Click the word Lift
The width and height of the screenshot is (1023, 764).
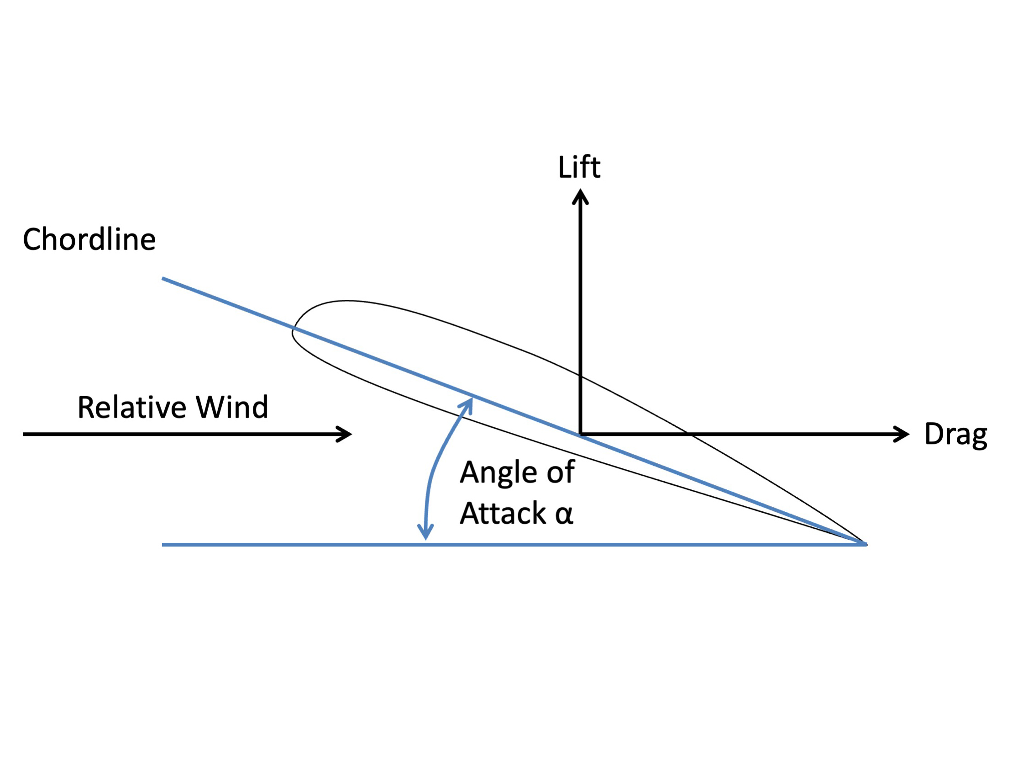coord(579,167)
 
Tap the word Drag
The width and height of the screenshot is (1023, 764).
coord(956,435)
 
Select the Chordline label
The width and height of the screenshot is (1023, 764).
coord(89,239)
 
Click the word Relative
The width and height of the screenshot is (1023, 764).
coord(131,408)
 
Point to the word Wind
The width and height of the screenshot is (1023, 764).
coord(232,408)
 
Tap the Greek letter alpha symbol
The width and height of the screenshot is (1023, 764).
coord(564,514)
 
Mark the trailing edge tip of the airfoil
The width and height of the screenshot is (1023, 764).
coord(865,544)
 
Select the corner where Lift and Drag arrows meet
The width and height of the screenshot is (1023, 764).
coord(581,434)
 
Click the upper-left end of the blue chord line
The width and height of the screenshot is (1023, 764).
coord(163,279)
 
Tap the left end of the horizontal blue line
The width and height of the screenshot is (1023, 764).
coord(163,545)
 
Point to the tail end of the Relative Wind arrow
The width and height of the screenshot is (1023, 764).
coord(24,434)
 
